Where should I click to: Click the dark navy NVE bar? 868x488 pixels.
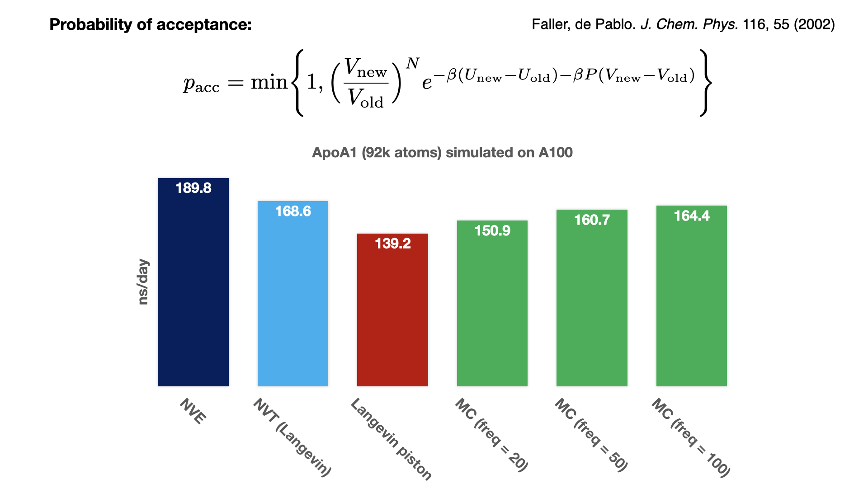193,289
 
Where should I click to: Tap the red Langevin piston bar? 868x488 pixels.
392,316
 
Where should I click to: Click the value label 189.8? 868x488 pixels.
193,188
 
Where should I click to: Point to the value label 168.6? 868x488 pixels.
293,211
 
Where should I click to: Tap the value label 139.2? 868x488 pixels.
392,244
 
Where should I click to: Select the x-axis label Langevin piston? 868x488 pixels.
392,439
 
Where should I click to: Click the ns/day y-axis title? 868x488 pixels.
143,282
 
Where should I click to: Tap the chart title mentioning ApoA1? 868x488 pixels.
442,153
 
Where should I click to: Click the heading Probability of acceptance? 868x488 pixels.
150,24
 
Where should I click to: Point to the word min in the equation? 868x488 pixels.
269,82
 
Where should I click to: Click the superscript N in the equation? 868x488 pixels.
412,64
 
